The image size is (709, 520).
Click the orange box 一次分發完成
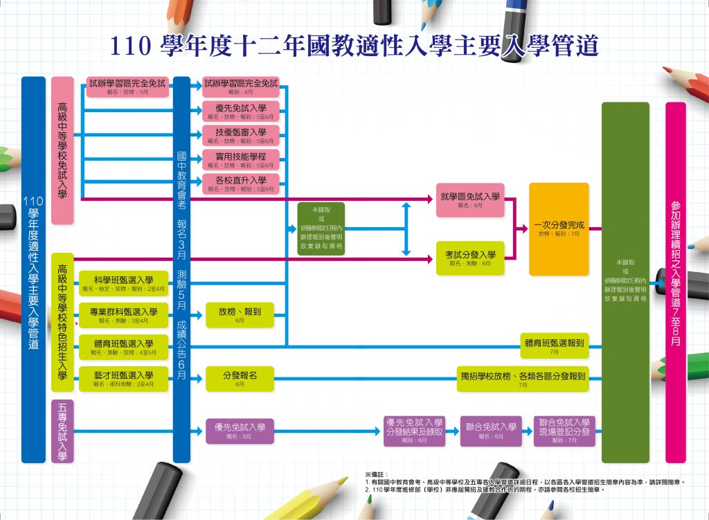[x=559, y=229]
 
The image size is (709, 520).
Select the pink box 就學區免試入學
[x=470, y=199]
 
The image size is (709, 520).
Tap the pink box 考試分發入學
[x=470, y=258]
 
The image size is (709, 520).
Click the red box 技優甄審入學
[x=241, y=135]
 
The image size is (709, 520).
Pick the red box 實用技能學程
[x=241, y=160]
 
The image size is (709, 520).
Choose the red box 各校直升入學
[x=241, y=183]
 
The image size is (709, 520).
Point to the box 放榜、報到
[x=240, y=315]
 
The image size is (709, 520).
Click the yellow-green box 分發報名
[x=240, y=378]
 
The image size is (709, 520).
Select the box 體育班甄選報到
[x=555, y=346]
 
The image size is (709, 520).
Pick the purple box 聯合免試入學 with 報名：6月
[x=491, y=430]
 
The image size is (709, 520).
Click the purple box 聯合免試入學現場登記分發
[x=564, y=430]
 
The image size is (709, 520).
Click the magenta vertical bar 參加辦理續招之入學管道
[x=676, y=283]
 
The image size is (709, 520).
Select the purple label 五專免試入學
[x=62, y=430]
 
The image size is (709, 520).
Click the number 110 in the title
[x=130, y=46]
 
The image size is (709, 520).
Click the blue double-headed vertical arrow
[x=406, y=228]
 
